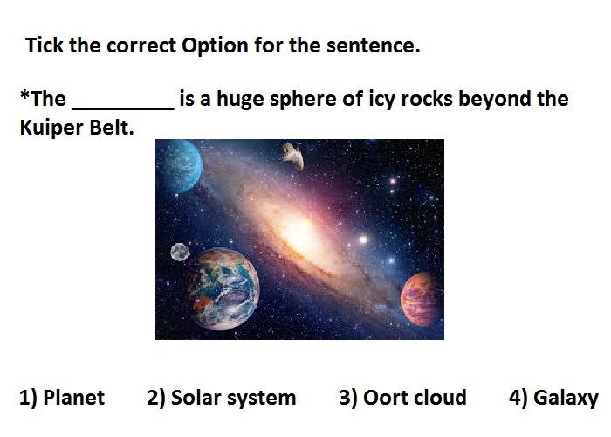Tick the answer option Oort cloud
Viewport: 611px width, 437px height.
pyautogui.click(x=402, y=398)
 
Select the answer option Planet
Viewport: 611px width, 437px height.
pyautogui.click(x=62, y=398)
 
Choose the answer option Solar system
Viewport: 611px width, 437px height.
pyautogui.click(x=222, y=398)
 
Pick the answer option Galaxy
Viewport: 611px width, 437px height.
pyautogui.click(x=553, y=399)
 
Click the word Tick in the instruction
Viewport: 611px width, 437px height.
pyautogui.click(x=44, y=45)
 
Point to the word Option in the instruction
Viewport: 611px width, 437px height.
pyautogui.click(x=215, y=46)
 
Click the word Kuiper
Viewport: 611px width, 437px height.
pyautogui.click(x=51, y=128)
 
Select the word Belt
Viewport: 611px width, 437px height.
pyautogui.click(x=112, y=128)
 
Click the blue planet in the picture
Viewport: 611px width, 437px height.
pyautogui.click(x=179, y=166)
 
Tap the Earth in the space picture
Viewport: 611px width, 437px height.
pyautogui.click(x=223, y=288)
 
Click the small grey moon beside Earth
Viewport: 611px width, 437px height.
pyautogui.click(x=180, y=252)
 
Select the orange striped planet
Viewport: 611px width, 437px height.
pyautogui.click(x=422, y=299)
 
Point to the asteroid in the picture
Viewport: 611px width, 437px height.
pyautogui.click(x=293, y=156)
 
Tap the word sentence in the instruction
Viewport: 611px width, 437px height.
pyautogui.click(x=374, y=45)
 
